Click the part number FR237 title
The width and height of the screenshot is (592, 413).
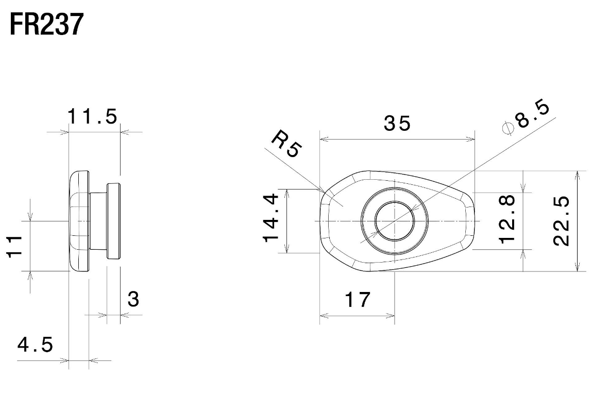pyautogui.click(x=46, y=24)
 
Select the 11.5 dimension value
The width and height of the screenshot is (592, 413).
pyautogui.click(x=93, y=116)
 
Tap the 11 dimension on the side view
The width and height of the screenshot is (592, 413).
pyautogui.click(x=15, y=247)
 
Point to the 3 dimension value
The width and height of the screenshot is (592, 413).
pyautogui.click(x=133, y=299)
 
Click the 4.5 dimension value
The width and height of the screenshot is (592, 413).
pyautogui.click(x=35, y=345)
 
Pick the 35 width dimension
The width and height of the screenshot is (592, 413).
pyautogui.click(x=397, y=124)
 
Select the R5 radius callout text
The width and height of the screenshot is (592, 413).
pyautogui.click(x=286, y=143)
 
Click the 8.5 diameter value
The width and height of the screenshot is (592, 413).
pyautogui.click(x=533, y=114)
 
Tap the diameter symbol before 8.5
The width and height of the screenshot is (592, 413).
pyautogui.click(x=508, y=129)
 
